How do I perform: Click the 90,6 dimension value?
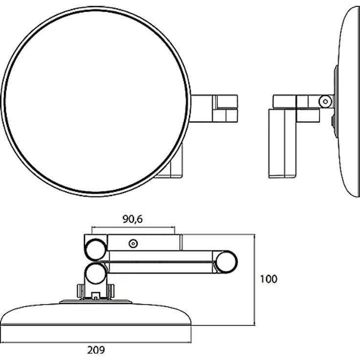[x=133, y=219]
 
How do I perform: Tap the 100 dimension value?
[x=269, y=279]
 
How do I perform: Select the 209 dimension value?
[x=96, y=350]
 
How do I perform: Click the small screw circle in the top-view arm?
[x=133, y=244]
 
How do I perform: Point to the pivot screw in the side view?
[x=325, y=101]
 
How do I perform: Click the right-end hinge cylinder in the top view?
[x=226, y=262]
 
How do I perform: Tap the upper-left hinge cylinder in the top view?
[x=95, y=249]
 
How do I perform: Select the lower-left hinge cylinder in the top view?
[x=96, y=274]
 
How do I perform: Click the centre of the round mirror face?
[x=96, y=101]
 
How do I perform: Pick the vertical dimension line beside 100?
[x=254, y=280]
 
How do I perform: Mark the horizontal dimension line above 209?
[x=96, y=342]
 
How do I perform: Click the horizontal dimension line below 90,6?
[x=134, y=227]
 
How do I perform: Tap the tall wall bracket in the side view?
[x=283, y=143]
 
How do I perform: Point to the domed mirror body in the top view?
[x=96, y=314]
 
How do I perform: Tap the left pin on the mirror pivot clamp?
[x=79, y=291]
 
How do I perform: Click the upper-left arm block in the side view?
[x=285, y=101]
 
